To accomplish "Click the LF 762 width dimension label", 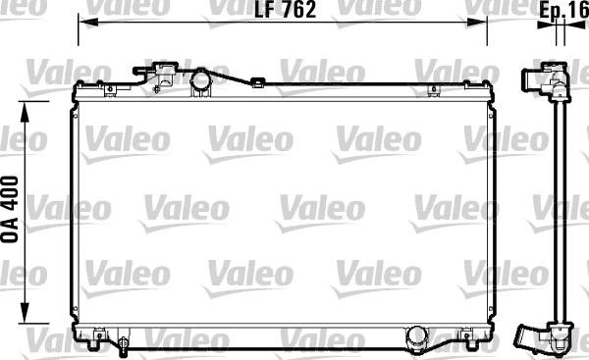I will pyautogui.click(x=283, y=11).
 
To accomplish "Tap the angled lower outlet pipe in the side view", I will pyautogui.click(x=538, y=339).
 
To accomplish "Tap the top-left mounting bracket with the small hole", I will pyautogui.click(x=110, y=89).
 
